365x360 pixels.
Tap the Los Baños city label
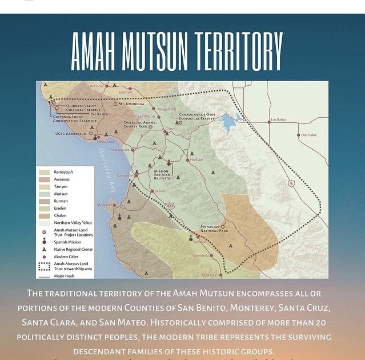pos(278,121)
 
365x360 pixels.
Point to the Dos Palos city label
pos(307,135)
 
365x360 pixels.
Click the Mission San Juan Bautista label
pos(166,175)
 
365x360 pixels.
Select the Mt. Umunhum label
pos(131,104)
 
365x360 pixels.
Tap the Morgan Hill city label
pos(166,109)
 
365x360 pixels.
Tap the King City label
pos(209,275)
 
